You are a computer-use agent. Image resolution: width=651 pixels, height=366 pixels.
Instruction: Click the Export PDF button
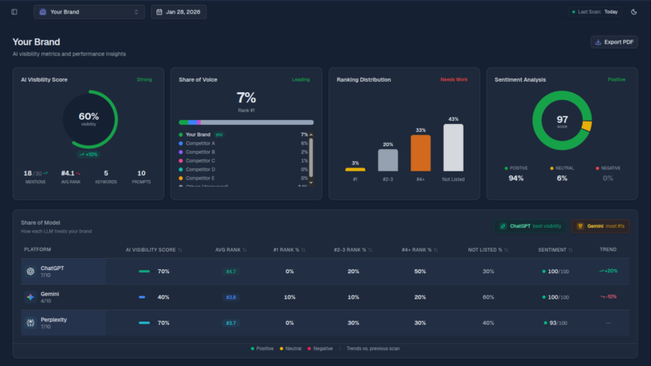point(614,42)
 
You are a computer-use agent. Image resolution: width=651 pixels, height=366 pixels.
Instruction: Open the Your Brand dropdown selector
point(88,12)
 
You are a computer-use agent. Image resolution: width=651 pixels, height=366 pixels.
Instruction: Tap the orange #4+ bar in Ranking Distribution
point(421,153)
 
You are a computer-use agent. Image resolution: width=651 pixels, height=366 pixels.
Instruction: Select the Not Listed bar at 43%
point(453,148)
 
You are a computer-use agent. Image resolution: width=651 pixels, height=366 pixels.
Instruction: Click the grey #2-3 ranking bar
point(387,160)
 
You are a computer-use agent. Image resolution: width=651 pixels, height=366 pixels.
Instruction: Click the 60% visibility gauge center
point(89,119)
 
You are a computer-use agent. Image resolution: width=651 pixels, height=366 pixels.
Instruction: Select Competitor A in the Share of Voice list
point(202,143)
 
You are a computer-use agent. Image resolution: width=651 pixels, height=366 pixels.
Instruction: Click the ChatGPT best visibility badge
point(530,226)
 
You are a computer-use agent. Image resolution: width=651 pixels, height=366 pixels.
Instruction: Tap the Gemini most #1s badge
point(600,226)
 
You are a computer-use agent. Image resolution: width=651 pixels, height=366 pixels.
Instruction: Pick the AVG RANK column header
point(230,249)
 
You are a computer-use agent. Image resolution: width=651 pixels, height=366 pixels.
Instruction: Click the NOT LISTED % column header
point(487,249)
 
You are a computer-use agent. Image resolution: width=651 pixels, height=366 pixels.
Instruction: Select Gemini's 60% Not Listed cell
point(488,297)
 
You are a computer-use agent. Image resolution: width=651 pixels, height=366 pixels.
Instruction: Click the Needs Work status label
point(455,79)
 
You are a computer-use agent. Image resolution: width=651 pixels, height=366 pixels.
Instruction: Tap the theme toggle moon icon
point(634,12)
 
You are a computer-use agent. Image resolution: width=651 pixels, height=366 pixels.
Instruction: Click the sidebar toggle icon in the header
point(14,12)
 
